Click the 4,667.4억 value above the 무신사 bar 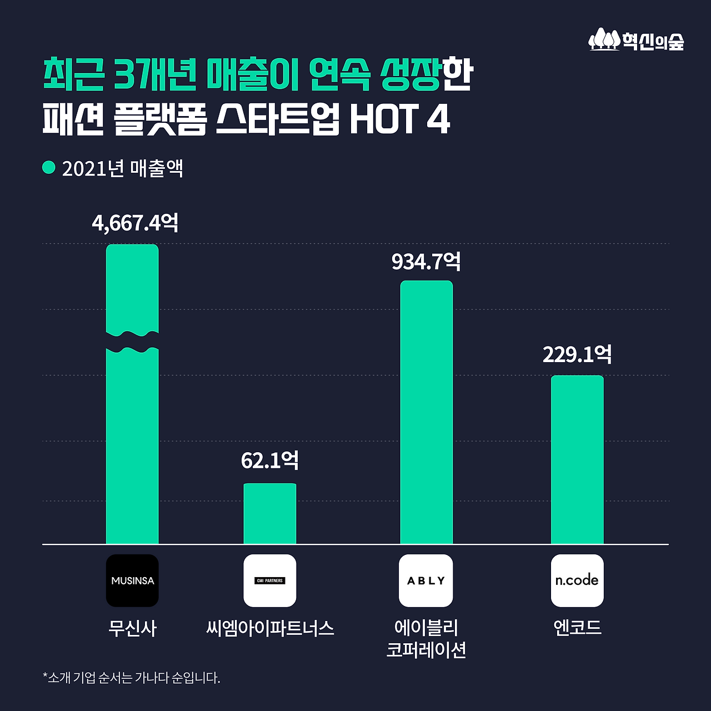[135, 223]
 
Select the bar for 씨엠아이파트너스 [270, 514]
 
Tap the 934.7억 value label [426, 262]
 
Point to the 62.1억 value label [270, 460]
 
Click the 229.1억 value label [577, 355]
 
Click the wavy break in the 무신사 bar [132, 342]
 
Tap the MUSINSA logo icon [132, 580]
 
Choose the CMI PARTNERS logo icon [270, 580]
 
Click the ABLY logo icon [426, 580]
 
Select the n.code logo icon [577, 580]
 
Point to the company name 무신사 [132, 629]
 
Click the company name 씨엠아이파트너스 [270, 629]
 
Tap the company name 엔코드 [577, 628]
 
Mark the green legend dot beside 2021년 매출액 [49, 167]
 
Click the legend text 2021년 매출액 [123, 169]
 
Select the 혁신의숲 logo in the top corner [637, 41]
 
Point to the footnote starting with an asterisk [132, 678]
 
